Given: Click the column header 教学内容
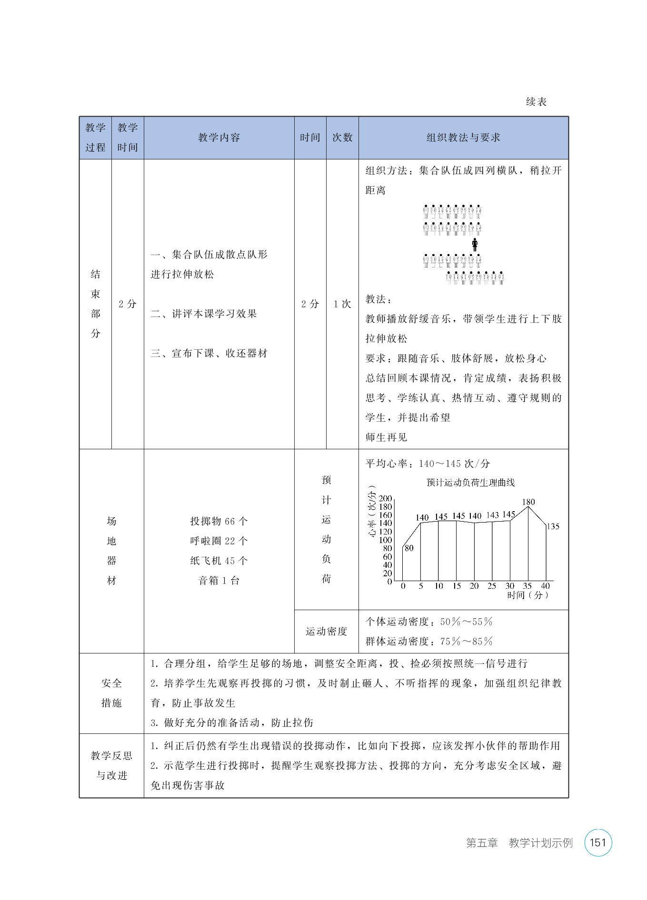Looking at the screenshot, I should coord(219,138).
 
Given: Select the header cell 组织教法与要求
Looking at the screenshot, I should coord(463,138).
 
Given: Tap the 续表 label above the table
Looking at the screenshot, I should coord(536,102).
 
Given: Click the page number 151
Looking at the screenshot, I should coord(597,843).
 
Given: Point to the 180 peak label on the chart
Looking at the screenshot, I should coord(528,502).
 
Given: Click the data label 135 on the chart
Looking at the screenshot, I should coord(553,526).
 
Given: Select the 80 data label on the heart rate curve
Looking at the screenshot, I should coord(409,548).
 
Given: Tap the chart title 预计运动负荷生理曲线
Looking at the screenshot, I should coord(470,483).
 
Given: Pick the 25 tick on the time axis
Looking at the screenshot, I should coord(492,586).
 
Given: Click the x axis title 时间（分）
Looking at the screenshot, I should coord(528,595).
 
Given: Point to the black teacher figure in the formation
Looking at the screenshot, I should coord(474,245).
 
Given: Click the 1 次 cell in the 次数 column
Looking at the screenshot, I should coord(342,304).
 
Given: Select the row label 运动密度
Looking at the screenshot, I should coord(326,632).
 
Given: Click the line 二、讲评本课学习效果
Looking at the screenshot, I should coord(204,314).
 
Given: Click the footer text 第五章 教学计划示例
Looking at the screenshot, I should coord(519,843).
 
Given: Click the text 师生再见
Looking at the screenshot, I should coord(386,437).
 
